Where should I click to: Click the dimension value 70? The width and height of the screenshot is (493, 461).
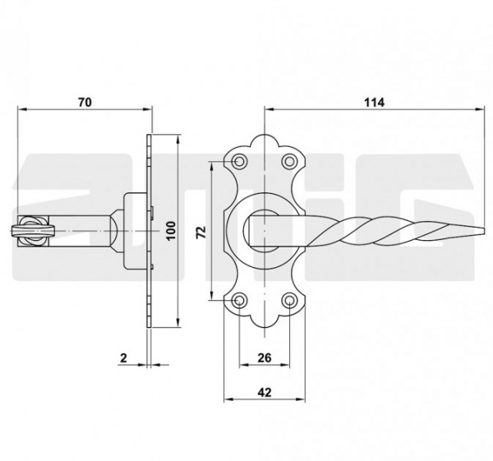pyautogui.click(x=85, y=102)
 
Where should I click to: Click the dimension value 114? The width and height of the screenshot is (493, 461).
pyautogui.click(x=374, y=103)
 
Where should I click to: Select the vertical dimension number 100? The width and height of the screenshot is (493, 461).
pyautogui.click(x=171, y=231)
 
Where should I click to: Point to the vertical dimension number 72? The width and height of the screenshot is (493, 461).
pyautogui.click(x=201, y=233)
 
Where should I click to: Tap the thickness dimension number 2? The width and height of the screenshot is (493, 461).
pyautogui.click(x=124, y=357)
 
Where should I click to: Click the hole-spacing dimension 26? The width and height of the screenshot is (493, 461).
pyautogui.click(x=264, y=357)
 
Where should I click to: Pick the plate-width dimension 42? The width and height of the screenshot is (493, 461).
pyautogui.click(x=264, y=392)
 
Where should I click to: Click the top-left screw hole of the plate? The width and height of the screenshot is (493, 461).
pyautogui.click(x=239, y=162)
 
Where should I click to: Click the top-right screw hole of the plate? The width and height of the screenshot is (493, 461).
pyautogui.click(x=289, y=162)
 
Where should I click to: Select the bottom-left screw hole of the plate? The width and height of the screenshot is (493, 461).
pyautogui.click(x=239, y=300)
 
